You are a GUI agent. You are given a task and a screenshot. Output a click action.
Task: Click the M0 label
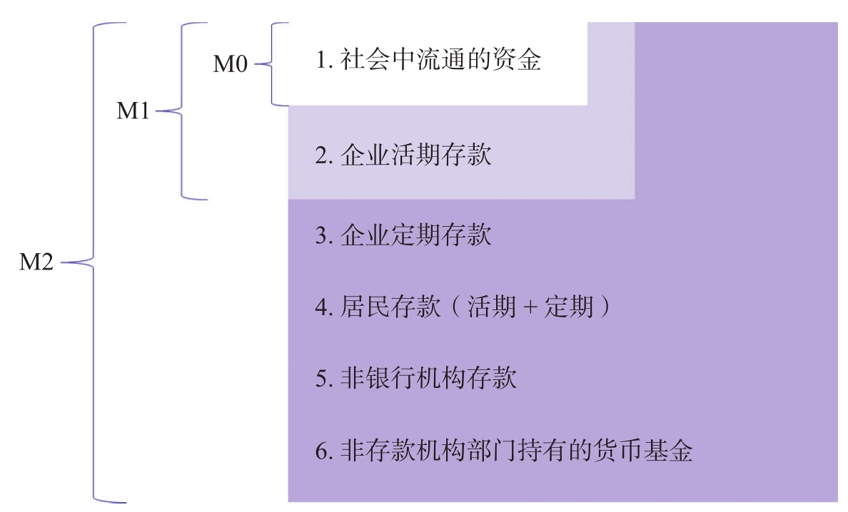(231, 64)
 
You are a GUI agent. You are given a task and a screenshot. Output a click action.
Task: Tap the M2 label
(36, 262)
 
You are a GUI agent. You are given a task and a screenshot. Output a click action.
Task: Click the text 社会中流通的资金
(440, 60)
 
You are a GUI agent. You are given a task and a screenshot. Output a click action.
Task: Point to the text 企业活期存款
(416, 155)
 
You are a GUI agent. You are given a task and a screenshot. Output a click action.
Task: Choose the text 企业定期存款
(416, 235)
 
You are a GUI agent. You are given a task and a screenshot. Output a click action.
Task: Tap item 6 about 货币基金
(503, 451)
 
